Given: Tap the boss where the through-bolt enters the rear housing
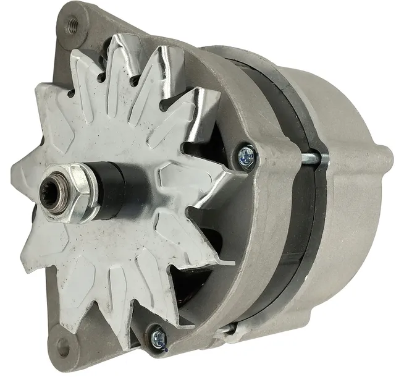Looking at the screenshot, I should tap(324, 159).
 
